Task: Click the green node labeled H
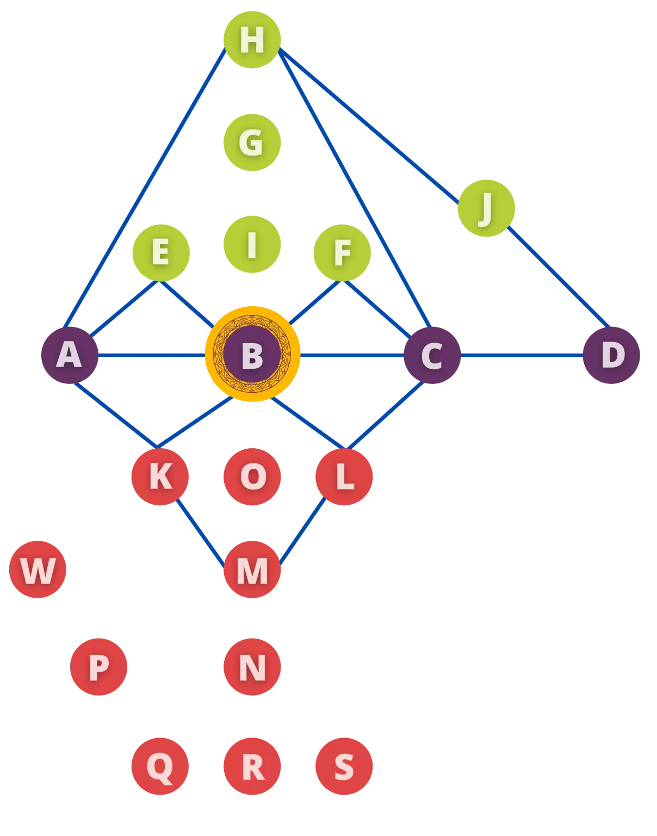point(252,40)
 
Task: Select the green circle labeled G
point(252,143)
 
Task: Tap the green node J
point(486,208)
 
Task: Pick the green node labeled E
point(161,253)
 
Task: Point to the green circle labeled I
point(252,244)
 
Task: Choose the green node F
point(342,253)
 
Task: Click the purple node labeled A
point(70,355)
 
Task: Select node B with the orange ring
point(252,354)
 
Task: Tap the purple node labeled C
point(432,355)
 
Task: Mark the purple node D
point(611,355)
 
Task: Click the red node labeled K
point(160,476)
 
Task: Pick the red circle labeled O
point(252,476)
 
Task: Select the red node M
point(252,569)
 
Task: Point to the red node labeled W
point(38,569)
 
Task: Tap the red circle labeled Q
point(160,766)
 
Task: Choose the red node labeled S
point(344,766)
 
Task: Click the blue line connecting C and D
point(522,355)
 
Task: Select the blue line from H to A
point(145,188)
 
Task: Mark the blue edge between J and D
point(559,277)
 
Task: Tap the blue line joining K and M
point(200,533)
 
